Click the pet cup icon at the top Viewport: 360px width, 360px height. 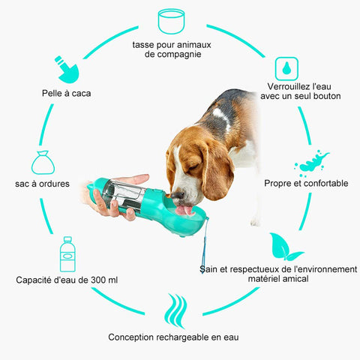pos(171,22)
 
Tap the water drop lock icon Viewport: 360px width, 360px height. pos(286,69)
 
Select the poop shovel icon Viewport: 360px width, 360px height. pos(67,70)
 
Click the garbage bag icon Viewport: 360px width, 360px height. pos(43,163)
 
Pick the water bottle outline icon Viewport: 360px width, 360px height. pos(67,254)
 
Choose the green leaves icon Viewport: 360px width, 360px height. pos(285,247)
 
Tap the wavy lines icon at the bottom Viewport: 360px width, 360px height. pos(175,310)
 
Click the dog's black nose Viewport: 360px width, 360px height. pos(177,195)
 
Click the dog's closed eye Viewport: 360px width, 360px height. pos(193,166)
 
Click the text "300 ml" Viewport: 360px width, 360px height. pos(104,280)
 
